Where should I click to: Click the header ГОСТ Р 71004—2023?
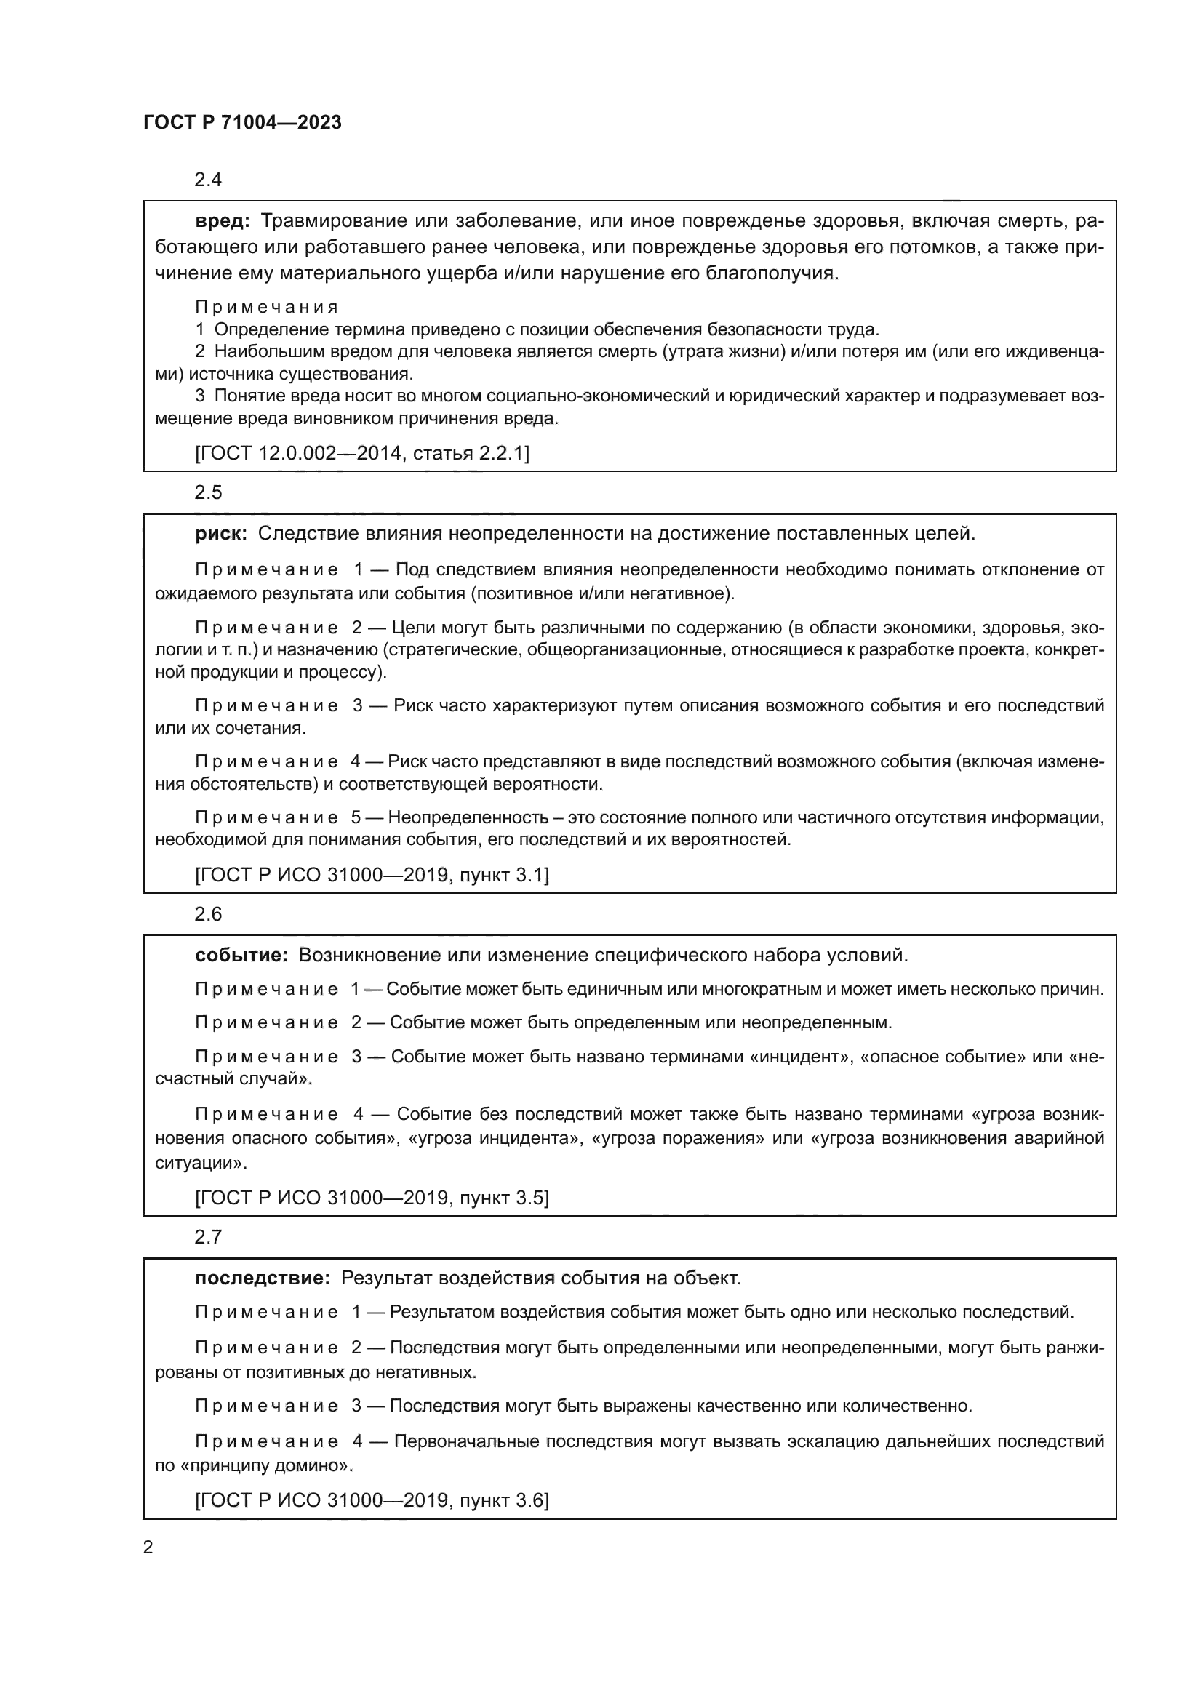click(242, 123)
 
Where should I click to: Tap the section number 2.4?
click(208, 180)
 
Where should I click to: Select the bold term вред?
click(223, 221)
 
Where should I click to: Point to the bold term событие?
click(241, 955)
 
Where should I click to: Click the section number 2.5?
click(208, 492)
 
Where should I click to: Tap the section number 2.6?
click(208, 914)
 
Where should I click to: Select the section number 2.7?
click(208, 1237)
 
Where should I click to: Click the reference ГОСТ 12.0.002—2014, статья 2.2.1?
click(362, 452)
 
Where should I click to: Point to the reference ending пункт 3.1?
click(372, 875)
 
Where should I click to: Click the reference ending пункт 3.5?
click(372, 1198)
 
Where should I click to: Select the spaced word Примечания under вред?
click(267, 307)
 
